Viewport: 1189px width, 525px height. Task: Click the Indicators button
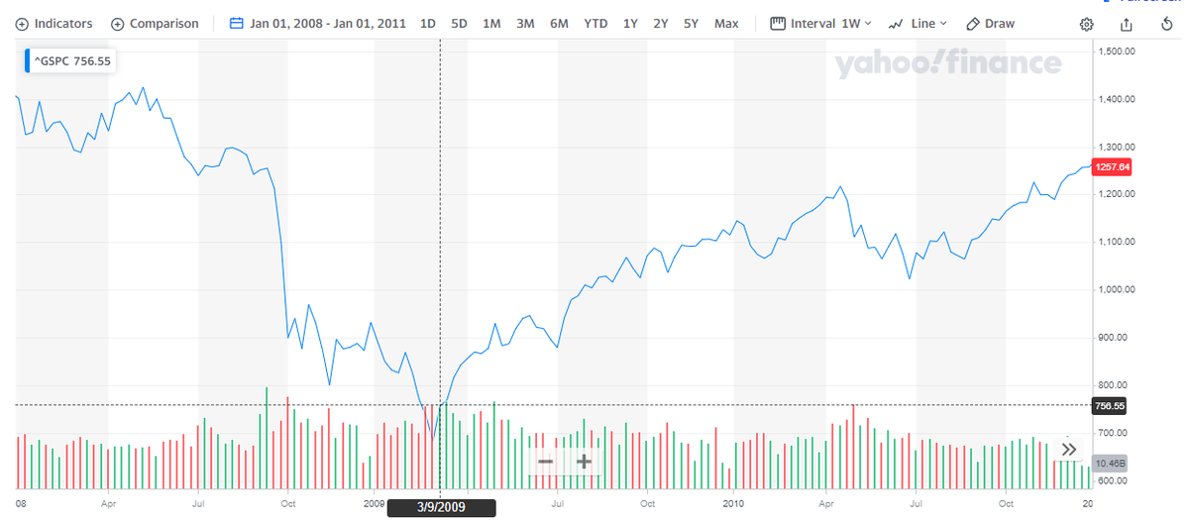coord(54,24)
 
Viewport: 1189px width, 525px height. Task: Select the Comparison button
coord(155,24)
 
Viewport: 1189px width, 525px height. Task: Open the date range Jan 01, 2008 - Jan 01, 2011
coord(318,24)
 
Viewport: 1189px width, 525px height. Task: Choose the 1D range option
coord(428,24)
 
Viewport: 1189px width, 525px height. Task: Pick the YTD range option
coord(595,24)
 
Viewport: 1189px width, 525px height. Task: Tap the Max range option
coord(726,24)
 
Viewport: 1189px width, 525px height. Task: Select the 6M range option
coord(559,24)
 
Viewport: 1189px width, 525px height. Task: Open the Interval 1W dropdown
coord(821,24)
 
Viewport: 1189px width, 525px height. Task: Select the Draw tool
coord(990,24)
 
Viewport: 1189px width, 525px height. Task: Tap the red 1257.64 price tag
coord(1110,167)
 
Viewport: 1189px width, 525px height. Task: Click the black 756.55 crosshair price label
coord(1110,406)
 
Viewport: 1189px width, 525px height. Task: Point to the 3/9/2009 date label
coord(440,507)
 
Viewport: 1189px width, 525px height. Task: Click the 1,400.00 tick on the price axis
coord(1118,99)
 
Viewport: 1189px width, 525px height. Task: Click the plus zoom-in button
coord(584,462)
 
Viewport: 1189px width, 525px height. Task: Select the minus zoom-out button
coord(546,462)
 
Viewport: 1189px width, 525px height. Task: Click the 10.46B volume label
coord(1109,463)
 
